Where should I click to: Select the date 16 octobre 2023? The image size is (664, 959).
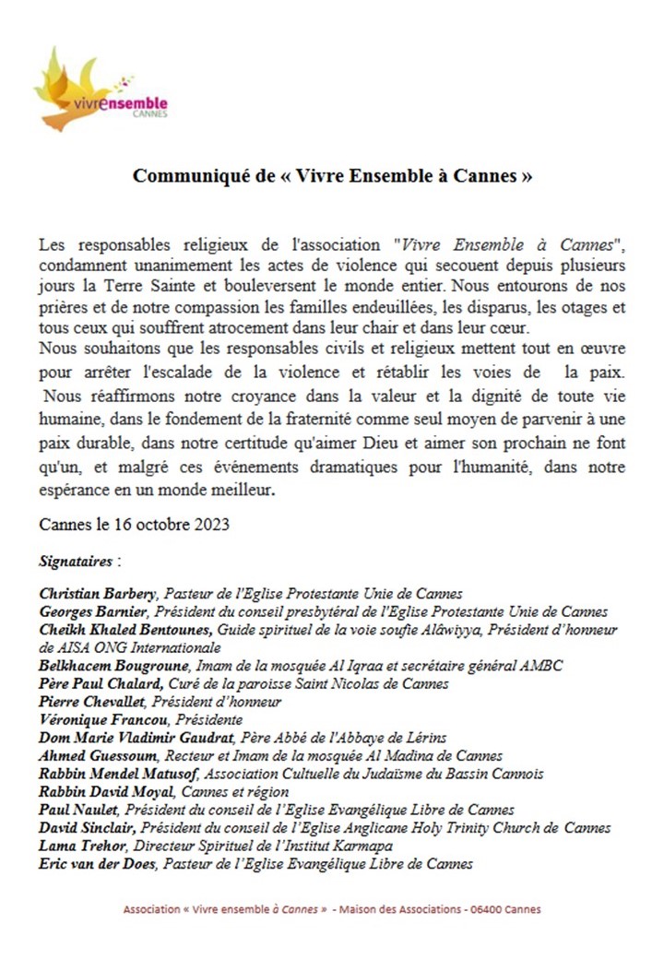pyautogui.click(x=162, y=525)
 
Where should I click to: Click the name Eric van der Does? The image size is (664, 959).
pyautogui.click(x=97, y=864)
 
